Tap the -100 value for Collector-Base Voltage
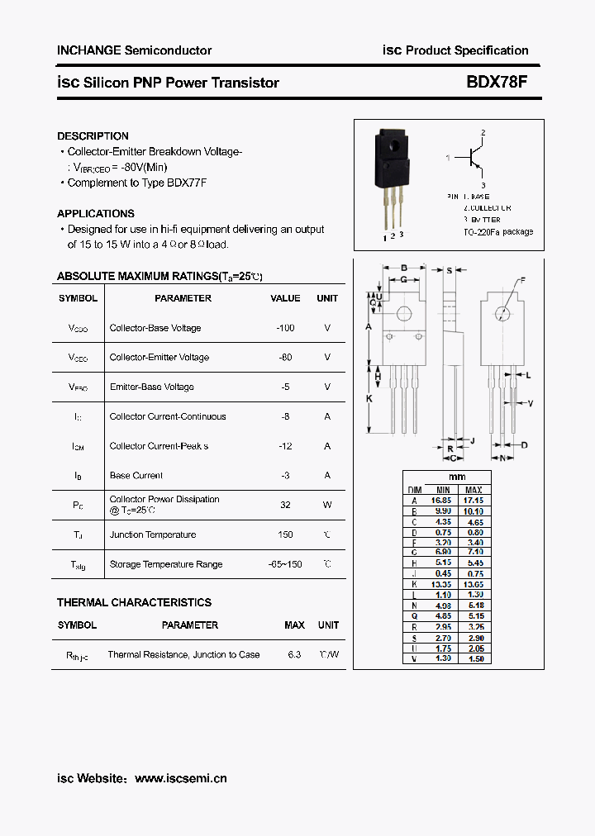click(x=285, y=328)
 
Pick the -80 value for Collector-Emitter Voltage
click(x=285, y=358)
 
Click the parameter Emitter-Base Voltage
click(x=151, y=387)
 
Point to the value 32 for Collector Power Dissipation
click(x=285, y=505)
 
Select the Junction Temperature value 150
click(x=285, y=534)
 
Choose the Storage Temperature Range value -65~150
click(x=285, y=564)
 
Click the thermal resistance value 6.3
click(x=294, y=654)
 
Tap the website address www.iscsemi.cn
click(x=180, y=778)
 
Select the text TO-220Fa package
click(x=497, y=232)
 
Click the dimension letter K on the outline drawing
click(x=369, y=398)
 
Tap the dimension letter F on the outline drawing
click(x=521, y=282)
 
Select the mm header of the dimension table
click(x=457, y=477)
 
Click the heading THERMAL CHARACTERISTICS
click(x=134, y=602)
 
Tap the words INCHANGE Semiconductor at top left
click(x=134, y=50)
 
